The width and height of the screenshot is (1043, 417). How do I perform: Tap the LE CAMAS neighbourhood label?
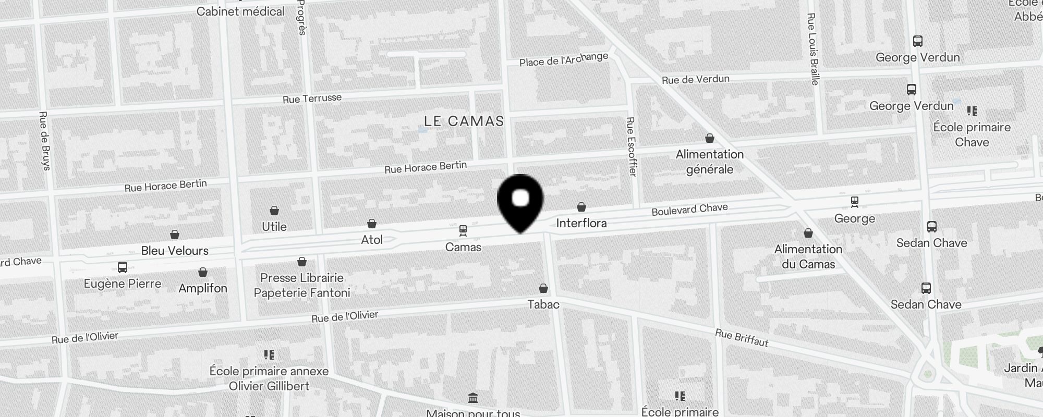pyautogui.click(x=464, y=121)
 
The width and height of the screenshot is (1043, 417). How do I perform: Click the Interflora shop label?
pyautogui.click(x=581, y=223)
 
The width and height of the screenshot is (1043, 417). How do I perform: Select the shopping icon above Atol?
pyautogui.click(x=372, y=224)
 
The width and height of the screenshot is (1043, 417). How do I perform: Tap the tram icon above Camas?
pyautogui.click(x=463, y=230)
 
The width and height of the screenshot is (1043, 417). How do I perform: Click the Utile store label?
pyautogui.click(x=274, y=227)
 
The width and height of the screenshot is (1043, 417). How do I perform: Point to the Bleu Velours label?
pyautogui.click(x=175, y=251)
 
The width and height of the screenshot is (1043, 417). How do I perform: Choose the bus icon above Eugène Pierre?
pyautogui.click(x=123, y=267)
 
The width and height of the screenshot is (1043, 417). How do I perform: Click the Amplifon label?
pyautogui.click(x=203, y=288)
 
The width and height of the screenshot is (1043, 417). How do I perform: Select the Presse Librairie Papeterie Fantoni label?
pyautogui.click(x=302, y=285)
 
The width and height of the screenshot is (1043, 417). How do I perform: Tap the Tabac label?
pyautogui.click(x=543, y=304)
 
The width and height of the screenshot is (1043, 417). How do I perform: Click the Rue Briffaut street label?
pyautogui.click(x=741, y=338)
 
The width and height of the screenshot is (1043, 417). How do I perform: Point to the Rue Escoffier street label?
pyautogui.click(x=631, y=146)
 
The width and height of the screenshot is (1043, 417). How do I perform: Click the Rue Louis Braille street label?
pyautogui.click(x=812, y=49)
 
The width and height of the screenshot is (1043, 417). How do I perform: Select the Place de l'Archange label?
pyautogui.click(x=563, y=59)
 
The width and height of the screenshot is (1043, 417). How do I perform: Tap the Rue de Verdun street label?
pyautogui.click(x=695, y=80)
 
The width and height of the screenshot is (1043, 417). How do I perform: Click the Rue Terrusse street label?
pyautogui.click(x=312, y=99)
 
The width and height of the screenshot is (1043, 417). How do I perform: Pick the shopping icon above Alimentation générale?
pyautogui.click(x=709, y=138)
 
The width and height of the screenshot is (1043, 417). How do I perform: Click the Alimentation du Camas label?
pyautogui.click(x=808, y=256)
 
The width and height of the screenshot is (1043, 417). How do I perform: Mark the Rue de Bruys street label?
pyautogui.click(x=44, y=141)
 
